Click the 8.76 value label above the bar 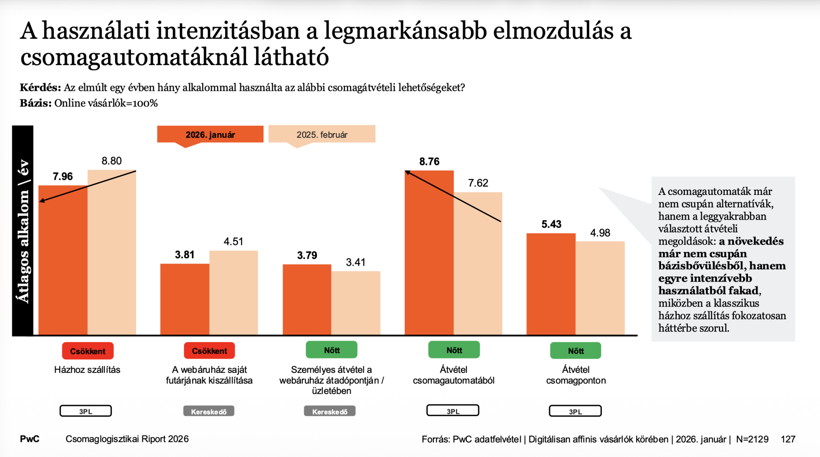[429, 162]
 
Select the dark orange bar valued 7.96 [63, 260]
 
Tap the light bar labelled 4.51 [233, 293]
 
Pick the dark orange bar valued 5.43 [551, 284]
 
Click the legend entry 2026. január [210, 134]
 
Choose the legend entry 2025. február [322, 134]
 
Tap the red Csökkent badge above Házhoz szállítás [88, 351]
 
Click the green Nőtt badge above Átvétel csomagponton [575, 351]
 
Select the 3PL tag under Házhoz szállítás [86, 411]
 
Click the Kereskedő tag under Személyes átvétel [330, 411]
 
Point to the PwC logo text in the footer [30, 439]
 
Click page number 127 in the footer [788, 439]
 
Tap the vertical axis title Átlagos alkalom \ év [23, 231]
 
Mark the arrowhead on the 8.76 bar [407, 172]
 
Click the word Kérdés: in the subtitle [40, 88]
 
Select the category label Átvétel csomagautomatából [454, 375]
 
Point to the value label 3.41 [356, 263]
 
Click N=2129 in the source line [752, 439]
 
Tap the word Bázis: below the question [36, 103]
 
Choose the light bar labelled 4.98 [600, 288]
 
